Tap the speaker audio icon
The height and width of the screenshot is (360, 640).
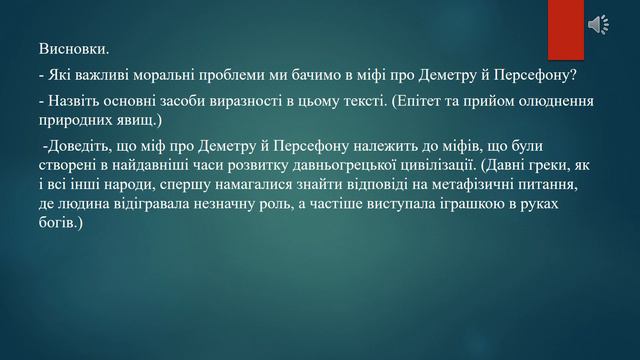(603, 25)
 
